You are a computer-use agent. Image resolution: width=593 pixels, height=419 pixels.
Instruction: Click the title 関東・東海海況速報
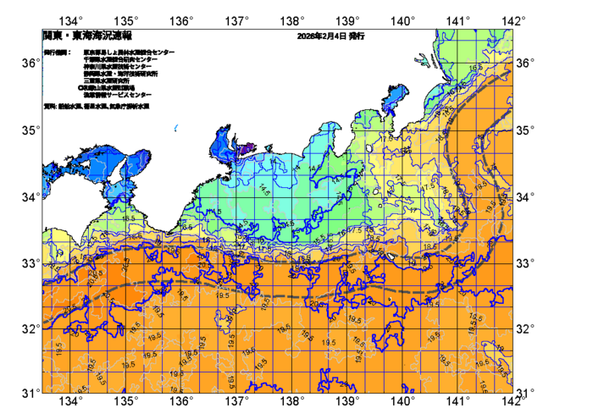point(77,37)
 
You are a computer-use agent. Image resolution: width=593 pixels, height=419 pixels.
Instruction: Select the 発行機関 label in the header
point(57,52)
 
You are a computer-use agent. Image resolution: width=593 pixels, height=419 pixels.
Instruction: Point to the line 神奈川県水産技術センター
point(119,66)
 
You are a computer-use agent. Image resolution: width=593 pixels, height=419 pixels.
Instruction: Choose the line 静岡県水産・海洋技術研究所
point(122,74)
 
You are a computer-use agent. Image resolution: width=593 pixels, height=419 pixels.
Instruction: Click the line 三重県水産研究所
point(107,80)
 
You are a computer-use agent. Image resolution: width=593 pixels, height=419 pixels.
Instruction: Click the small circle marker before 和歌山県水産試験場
point(80,87)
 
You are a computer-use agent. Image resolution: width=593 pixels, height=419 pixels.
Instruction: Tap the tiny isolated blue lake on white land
point(175,128)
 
